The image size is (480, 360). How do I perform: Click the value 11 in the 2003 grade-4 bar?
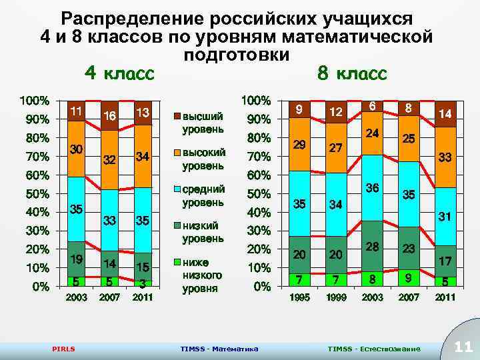(x=76, y=111)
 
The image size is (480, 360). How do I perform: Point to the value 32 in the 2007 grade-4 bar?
(x=109, y=160)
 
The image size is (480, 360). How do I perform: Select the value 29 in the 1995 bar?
(x=300, y=145)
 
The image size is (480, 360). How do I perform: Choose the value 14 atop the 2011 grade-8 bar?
(x=444, y=114)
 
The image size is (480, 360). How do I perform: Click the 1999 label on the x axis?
(x=336, y=298)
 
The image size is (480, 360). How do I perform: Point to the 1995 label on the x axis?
(x=300, y=298)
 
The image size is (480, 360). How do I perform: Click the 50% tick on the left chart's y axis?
(x=33, y=194)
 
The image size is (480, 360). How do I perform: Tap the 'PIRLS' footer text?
(x=64, y=349)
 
